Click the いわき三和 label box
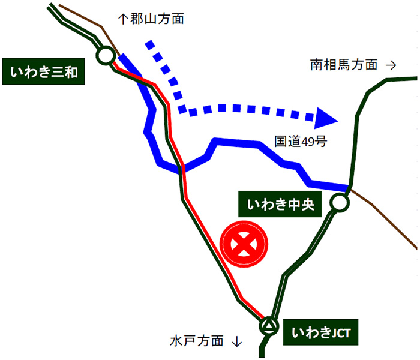pos(44,73)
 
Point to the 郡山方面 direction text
pos(158,19)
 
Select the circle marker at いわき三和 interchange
pos(106,56)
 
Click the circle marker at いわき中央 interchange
pos(339,203)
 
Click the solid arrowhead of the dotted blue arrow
pos(326,118)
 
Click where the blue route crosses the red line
pos(181,170)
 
